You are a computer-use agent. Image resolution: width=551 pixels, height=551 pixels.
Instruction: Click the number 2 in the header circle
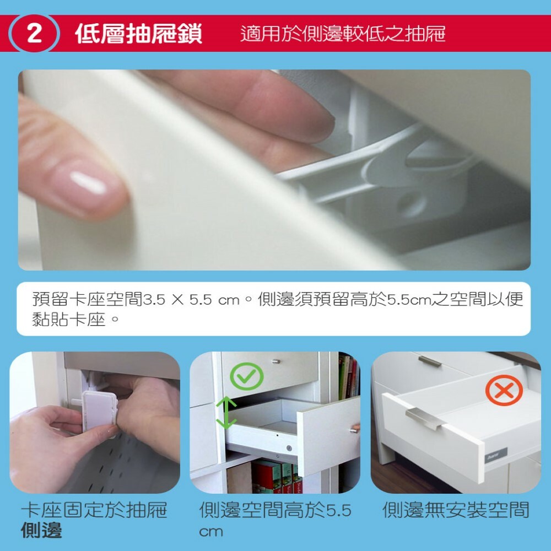[34, 34]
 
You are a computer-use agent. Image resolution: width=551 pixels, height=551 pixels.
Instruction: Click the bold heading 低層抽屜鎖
[139, 34]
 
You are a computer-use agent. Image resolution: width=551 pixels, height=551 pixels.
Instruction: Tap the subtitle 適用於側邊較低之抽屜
[343, 34]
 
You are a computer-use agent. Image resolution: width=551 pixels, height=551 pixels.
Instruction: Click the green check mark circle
[247, 376]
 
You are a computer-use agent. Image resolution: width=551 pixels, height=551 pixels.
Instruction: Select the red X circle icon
[504, 390]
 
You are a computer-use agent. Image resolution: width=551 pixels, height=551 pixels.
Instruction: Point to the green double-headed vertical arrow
[226, 413]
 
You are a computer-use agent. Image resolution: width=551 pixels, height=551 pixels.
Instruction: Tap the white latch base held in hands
[99, 412]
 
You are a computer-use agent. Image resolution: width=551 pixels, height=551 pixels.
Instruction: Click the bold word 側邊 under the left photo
[41, 531]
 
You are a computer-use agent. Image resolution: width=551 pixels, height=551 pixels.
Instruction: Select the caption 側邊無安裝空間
[456, 510]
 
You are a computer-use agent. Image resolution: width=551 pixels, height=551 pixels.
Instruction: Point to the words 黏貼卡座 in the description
[69, 320]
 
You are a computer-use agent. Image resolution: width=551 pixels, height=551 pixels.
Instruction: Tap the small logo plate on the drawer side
[496, 456]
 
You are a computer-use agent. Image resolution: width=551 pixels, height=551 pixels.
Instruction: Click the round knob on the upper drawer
[277, 361]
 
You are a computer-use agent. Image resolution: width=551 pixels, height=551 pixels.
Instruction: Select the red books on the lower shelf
[277, 477]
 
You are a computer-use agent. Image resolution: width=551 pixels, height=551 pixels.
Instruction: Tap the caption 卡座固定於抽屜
[94, 510]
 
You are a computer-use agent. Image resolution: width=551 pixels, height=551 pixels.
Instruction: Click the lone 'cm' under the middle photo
[211, 532]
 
